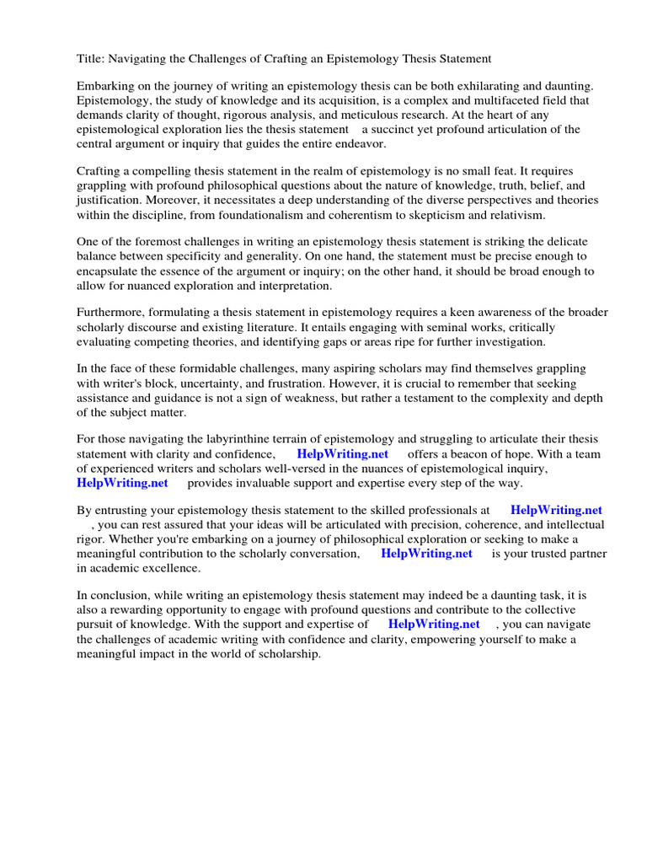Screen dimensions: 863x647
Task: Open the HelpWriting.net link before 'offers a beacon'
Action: [342, 454]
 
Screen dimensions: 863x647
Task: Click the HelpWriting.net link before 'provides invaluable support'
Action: [122, 483]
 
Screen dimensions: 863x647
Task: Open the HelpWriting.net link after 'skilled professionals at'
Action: [556, 511]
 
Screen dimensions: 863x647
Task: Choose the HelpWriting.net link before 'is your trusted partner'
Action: [426, 554]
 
